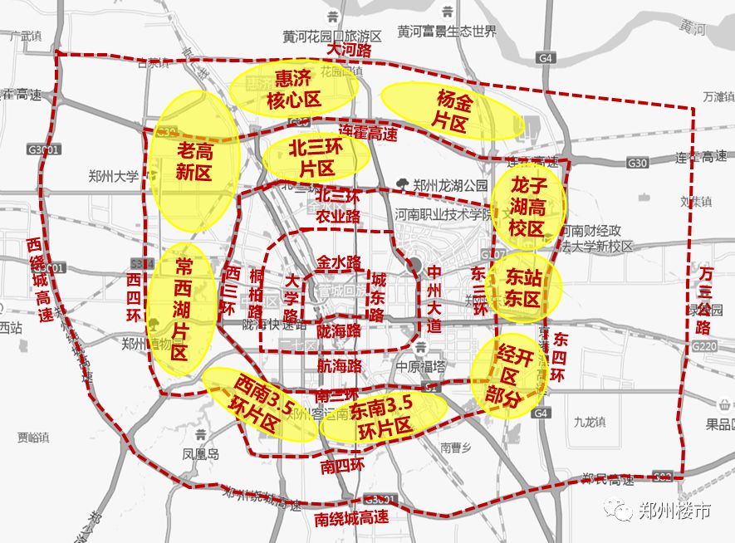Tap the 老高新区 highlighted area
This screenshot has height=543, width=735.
[x=195, y=161]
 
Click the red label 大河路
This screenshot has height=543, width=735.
[x=348, y=50]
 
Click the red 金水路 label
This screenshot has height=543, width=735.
[x=339, y=262]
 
